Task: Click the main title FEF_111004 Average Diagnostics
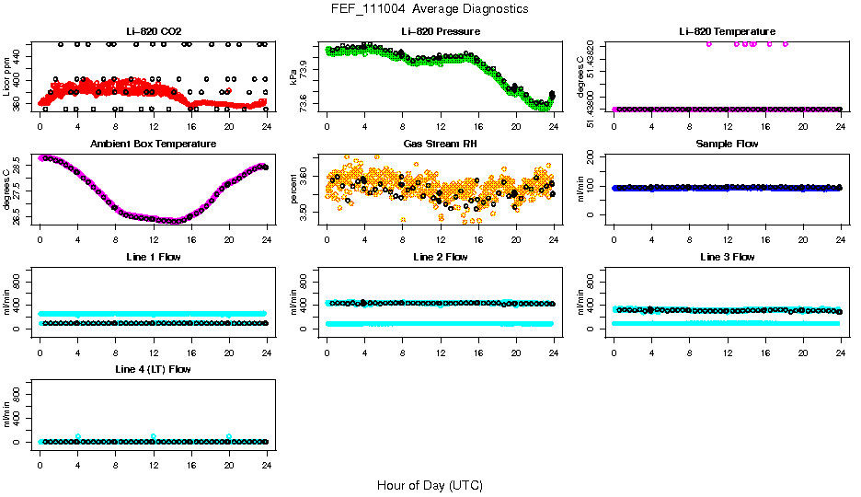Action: coord(430,8)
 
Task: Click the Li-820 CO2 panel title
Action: coord(153,32)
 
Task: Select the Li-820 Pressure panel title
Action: coord(441,32)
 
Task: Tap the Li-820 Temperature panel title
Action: coord(727,32)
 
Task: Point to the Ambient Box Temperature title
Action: coord(153,144)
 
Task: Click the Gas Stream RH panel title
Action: coord(441,144)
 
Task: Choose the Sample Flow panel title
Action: coord(727,144)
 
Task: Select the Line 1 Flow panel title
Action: coord(153,257)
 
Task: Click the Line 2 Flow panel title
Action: coord(441,257)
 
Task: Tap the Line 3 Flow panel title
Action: coord(727,257)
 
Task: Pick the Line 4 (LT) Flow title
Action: coord(153,369)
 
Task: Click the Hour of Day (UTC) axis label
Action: coord(430,485)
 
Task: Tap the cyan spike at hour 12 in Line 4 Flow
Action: coord(154,436)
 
